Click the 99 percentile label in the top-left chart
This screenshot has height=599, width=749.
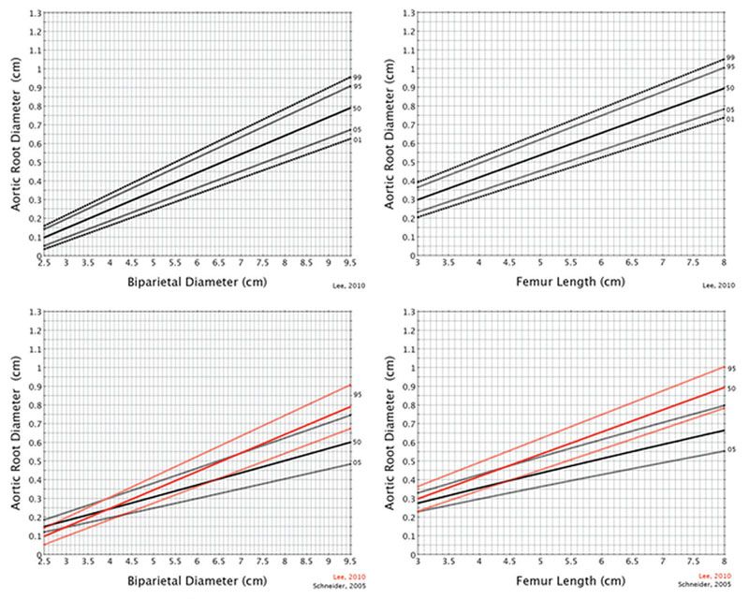click(x=356, y=77)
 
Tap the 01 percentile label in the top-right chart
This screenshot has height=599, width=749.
click(x=730, y=119)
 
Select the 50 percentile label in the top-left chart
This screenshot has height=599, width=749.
click(x=356, y=109)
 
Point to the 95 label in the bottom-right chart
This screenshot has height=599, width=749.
click(x=730, y=369)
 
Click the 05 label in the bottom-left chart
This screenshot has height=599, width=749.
click(x=356, y=463)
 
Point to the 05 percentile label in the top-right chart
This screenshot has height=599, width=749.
click(x=730, y=110)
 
